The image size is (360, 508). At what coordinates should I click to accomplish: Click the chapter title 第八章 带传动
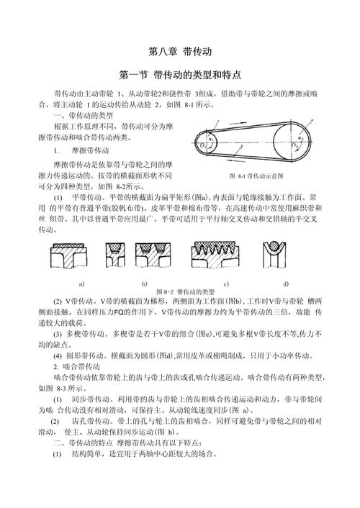click(x=179, y=52)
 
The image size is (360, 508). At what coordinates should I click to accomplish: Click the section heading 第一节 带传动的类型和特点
click(x=179, y=75)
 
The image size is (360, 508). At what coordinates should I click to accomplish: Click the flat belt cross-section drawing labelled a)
click(x=71, y=255)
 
